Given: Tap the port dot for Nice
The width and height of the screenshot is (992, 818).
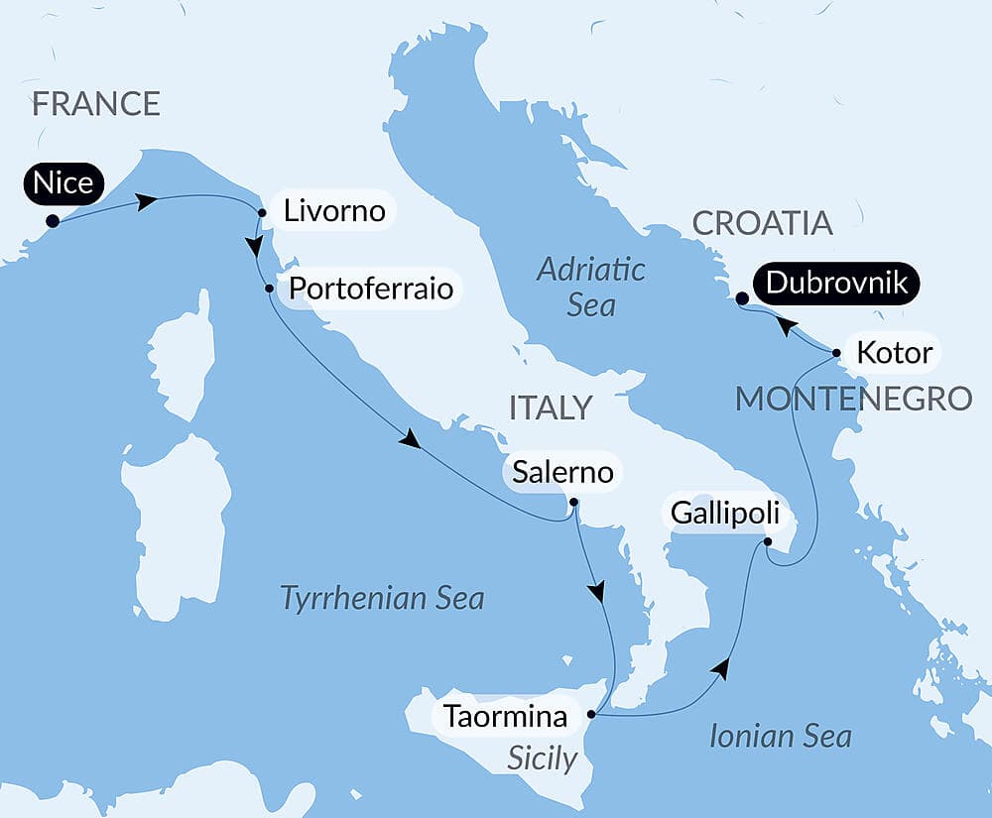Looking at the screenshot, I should coord(52,221).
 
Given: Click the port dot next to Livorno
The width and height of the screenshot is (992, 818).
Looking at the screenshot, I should coord(261,212).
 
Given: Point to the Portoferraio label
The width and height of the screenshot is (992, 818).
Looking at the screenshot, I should coord(370,288).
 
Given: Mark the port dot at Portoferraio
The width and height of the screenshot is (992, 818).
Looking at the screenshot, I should coord(269,289).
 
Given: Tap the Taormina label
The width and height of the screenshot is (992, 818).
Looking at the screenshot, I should coord(506,715).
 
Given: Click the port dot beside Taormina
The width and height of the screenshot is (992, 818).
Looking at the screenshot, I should coord(591,714).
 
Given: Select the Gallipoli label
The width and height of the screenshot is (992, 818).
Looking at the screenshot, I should coord(719,514).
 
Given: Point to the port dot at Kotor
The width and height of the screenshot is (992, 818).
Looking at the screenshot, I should coord(836,352).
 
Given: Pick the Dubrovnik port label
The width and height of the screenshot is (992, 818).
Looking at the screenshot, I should coord(837,284).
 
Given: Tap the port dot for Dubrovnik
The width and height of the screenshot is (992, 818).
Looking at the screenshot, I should coord(742,296).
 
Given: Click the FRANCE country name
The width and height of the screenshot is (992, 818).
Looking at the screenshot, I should coord(96,103).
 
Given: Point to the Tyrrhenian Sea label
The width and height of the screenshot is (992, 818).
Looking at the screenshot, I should coord(382,598).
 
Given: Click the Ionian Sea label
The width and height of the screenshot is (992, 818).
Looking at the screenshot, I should coord(781,736).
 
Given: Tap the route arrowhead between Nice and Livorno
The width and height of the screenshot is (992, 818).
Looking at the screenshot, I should coord(147,201).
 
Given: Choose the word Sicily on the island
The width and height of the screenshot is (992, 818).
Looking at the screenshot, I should coord(542,759).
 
